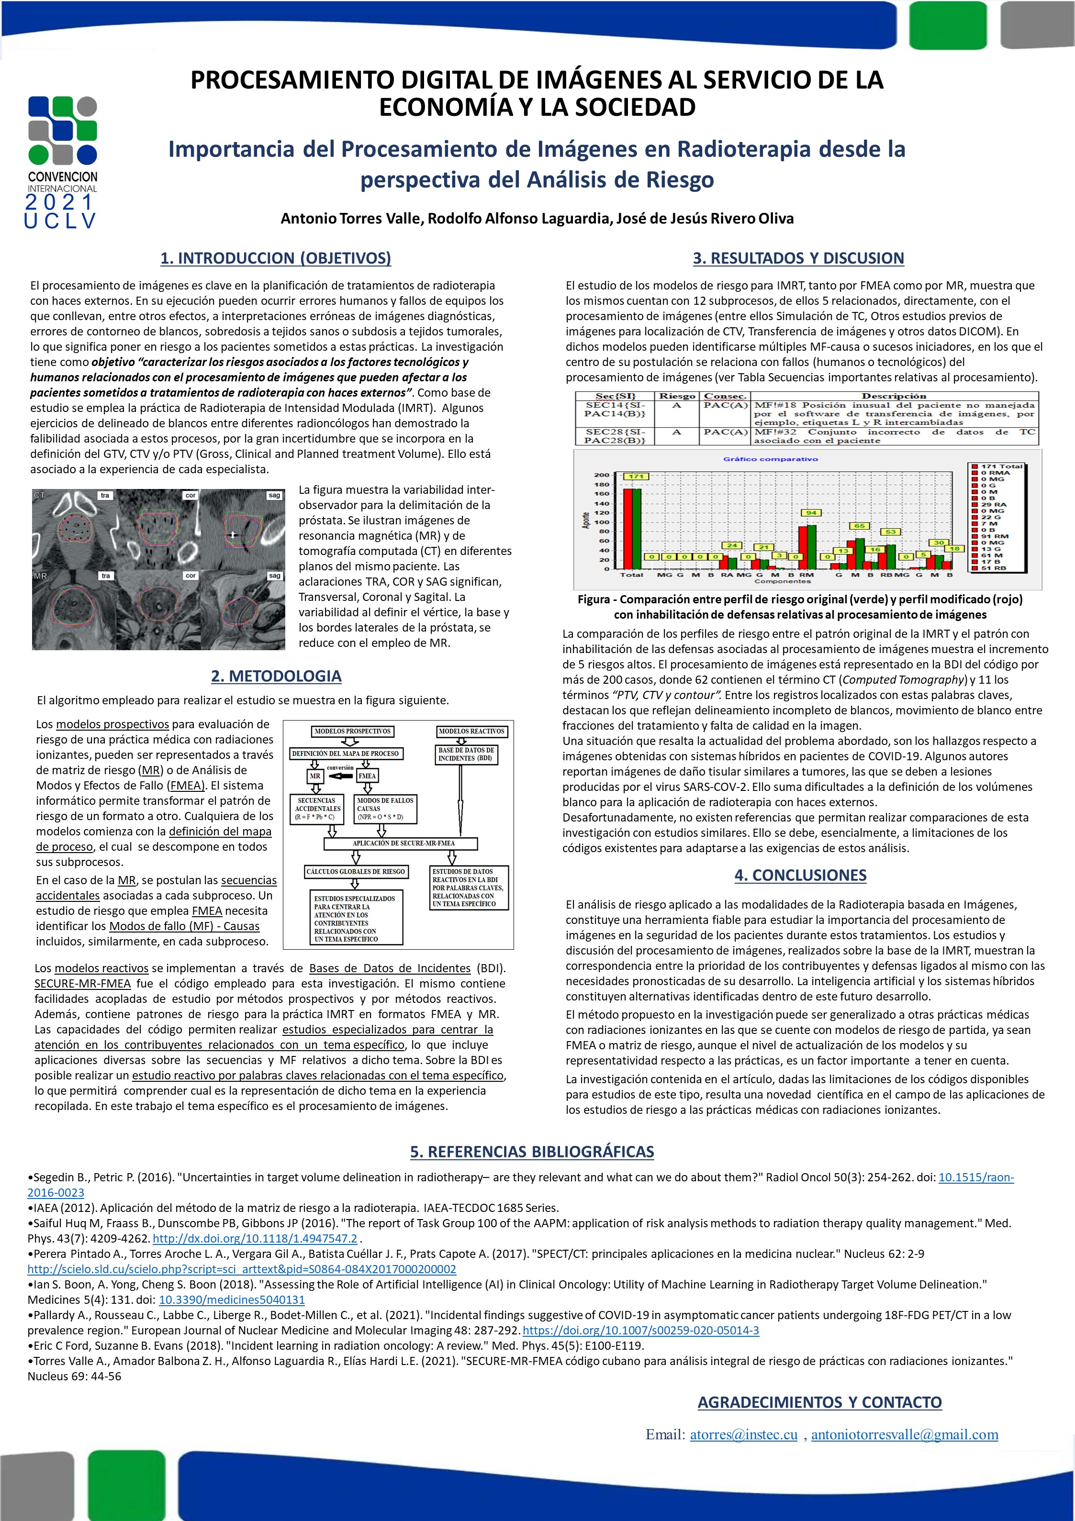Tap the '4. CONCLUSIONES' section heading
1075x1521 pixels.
[800, 875]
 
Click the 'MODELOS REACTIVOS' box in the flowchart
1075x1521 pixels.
[471, 732]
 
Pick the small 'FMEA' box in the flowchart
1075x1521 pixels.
[367, 776]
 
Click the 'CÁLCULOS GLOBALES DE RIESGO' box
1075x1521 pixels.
[355, 872]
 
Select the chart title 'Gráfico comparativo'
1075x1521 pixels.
[770, 459]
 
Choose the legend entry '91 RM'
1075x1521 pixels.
[994, 536]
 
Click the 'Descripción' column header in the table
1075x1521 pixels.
[894, 396]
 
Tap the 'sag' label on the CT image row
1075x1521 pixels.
[274, 496]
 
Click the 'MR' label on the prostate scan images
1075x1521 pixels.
[40, 577]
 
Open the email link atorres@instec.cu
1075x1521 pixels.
[743, 1434]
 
